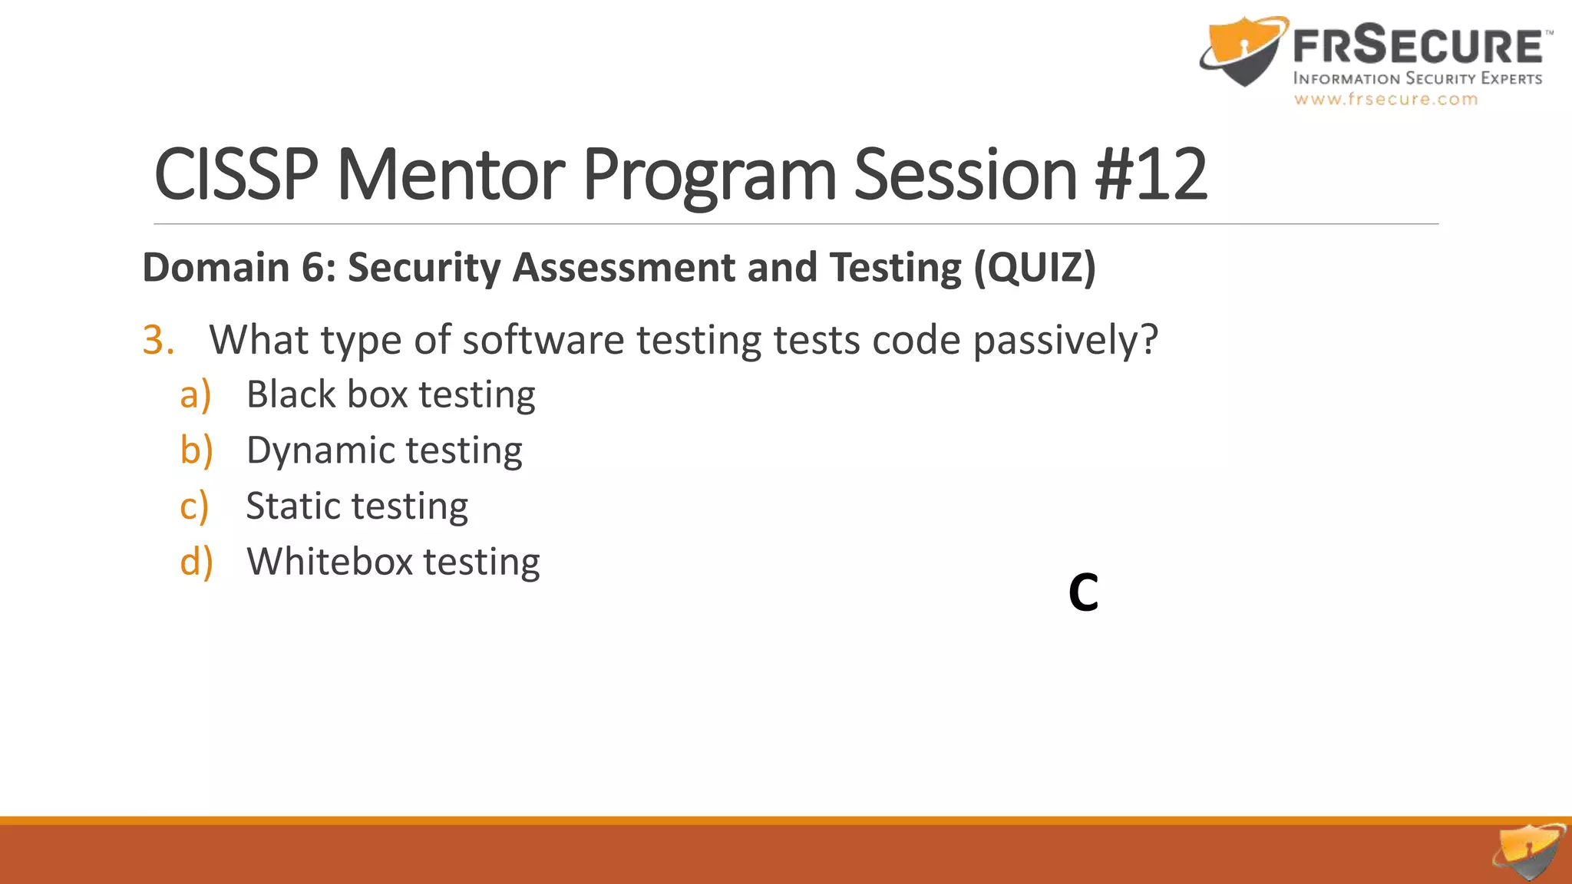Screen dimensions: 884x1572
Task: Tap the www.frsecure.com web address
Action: [1385, 99]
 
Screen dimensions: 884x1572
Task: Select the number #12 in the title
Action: [1151, 175]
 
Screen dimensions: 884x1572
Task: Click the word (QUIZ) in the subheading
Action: [1035, 267]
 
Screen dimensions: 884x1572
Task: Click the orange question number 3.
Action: [157, 340]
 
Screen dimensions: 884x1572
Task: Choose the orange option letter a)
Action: [195, 395]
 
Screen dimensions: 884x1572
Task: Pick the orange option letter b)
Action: [196, 450]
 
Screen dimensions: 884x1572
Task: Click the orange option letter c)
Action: [194, 506]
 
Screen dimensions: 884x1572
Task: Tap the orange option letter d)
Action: [196, 562]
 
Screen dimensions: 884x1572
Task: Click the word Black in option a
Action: [291, 395]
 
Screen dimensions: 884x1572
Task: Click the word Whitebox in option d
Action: [330, 562]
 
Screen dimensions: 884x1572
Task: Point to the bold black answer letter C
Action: [1083, 592]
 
